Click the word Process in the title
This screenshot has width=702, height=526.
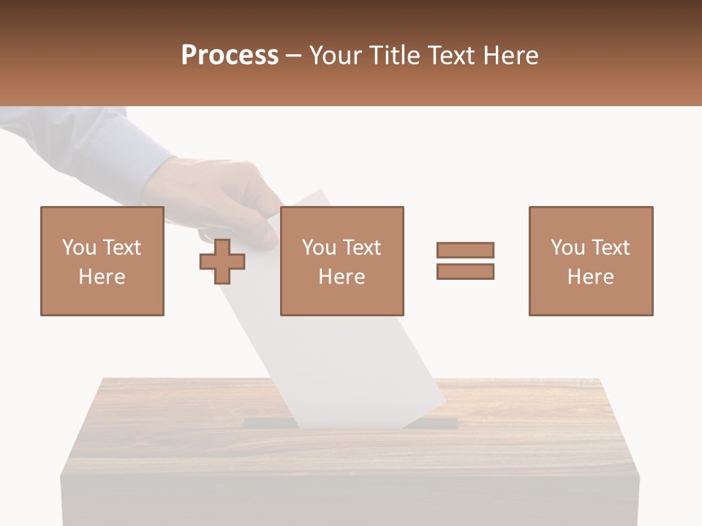(230, 56)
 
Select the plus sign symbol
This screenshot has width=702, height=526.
(222, 262)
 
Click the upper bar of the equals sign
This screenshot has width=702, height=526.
(465, 250)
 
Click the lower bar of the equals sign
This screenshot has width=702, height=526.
(465, 272)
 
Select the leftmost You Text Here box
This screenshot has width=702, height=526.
(102, 261)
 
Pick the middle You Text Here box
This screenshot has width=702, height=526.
(341, 261)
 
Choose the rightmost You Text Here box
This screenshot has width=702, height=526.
(590, 261)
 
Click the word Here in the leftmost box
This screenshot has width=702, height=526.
(102, 277)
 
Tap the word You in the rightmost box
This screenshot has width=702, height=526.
(567, 248)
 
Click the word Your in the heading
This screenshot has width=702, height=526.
(338, 56)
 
